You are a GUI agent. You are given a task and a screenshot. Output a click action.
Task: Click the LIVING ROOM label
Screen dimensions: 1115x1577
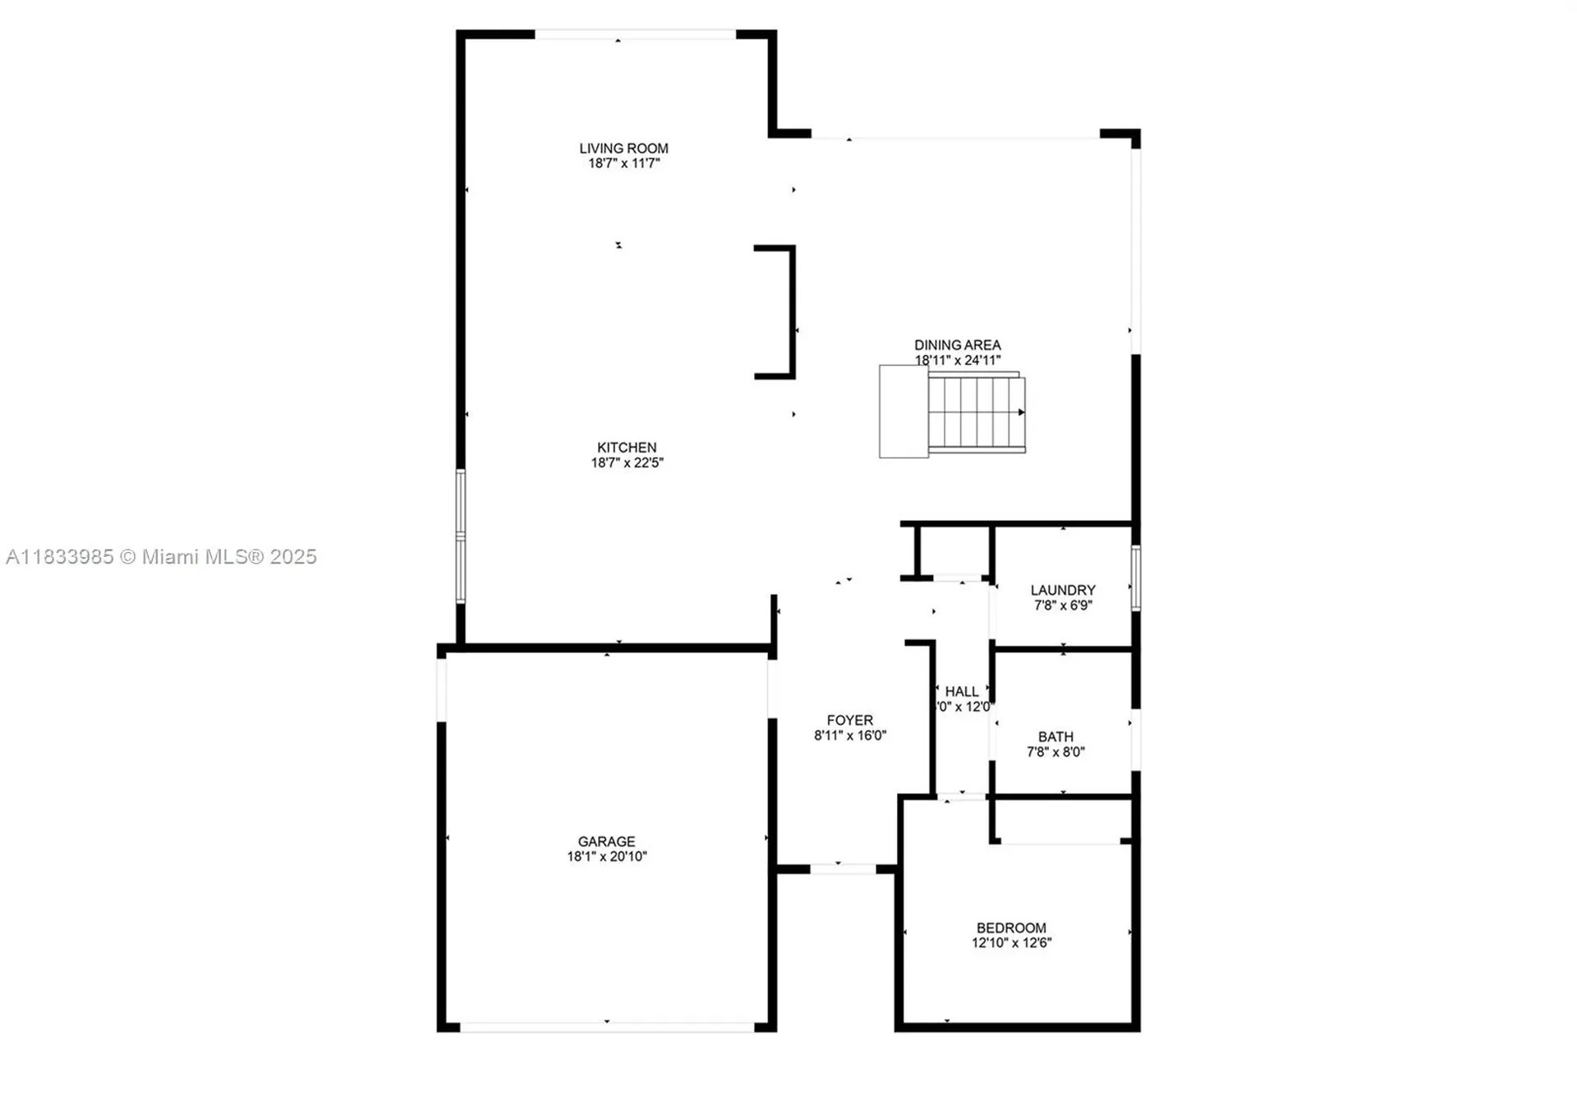pos(623,149)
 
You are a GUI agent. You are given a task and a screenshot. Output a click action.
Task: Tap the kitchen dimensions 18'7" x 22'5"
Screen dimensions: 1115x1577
pos(627,463)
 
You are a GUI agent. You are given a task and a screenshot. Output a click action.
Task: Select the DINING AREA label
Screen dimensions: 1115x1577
pos(957,345)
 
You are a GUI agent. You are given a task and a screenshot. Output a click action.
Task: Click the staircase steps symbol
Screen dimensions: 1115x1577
pos(977,411)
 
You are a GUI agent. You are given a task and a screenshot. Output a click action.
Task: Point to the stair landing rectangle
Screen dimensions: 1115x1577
pos(903,411)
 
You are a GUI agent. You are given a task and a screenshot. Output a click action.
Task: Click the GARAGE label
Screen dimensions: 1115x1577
pos(606,841)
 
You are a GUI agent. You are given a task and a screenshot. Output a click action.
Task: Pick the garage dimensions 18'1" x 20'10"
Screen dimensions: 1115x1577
pos(606,856)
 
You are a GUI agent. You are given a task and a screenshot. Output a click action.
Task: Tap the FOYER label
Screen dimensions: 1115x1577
pos(849,720)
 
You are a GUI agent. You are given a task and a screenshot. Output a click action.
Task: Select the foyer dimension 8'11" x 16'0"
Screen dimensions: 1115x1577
pos(849,735)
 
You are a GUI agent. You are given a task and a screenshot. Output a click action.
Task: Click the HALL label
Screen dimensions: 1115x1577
pos(961,692)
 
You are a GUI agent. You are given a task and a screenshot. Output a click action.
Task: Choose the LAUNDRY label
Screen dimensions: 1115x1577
pos(1063,590)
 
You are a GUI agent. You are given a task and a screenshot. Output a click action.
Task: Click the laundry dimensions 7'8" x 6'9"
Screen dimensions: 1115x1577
pos(1063,606)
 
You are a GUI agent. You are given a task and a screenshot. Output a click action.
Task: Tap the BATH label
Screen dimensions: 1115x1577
pos(1055,737)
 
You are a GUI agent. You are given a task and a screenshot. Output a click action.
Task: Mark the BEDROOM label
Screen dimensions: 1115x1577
pos(1011,928)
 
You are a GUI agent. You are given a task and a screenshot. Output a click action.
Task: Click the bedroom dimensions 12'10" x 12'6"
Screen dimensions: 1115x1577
pos(1011,942)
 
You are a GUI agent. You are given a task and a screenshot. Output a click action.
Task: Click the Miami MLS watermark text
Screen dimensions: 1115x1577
pos(161,557)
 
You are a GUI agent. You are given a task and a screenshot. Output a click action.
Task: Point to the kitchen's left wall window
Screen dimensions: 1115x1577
pos(460,536)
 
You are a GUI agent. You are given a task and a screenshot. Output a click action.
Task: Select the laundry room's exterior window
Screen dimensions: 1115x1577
pos(1135,578)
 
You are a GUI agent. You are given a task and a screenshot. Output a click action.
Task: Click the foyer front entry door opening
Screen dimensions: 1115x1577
pos(843,869)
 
